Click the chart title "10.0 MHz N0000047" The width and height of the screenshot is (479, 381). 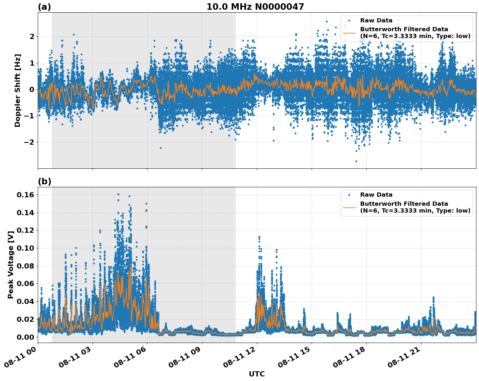point(255,7)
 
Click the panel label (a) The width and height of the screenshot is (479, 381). point(44,7)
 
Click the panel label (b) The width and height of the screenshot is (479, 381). point(44,181)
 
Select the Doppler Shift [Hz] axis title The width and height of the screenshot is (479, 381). point(17,90)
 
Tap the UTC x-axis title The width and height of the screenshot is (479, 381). point(257,374)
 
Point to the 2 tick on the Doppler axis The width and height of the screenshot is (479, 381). point(32,36)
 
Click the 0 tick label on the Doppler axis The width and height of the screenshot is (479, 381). point(32,89)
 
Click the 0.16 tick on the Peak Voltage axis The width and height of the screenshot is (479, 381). point(25,195)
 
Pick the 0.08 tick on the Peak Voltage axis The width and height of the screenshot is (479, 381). point(25,266)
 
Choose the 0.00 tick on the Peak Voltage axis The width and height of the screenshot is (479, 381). point(25,337)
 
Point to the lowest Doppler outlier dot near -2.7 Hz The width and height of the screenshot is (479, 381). point(356,161)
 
